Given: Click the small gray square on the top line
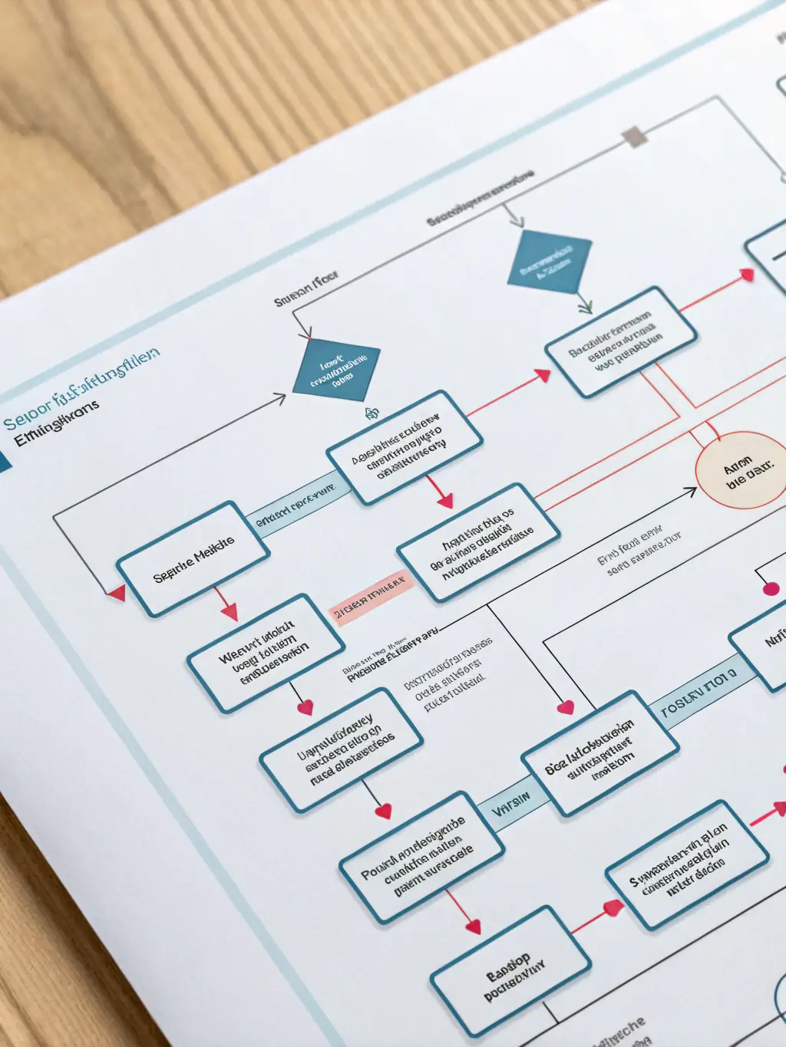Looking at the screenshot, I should coord(634,137).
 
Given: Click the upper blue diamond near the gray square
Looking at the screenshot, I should coord(550,262).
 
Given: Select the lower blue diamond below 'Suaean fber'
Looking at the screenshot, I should coord(336,370).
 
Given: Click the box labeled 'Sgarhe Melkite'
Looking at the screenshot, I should coord(193,558).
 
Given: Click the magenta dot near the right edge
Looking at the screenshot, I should coord(771,588).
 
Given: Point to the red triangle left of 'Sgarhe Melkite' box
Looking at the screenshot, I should coord(117,592).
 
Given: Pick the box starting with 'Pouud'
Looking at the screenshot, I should coord(421,857).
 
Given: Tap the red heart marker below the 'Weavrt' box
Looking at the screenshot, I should coord(305,706).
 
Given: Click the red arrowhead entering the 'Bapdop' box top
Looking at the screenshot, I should coord(473,926).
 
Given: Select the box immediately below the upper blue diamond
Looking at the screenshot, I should coord(620,341).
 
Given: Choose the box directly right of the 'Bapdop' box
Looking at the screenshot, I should coord(686,864).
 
